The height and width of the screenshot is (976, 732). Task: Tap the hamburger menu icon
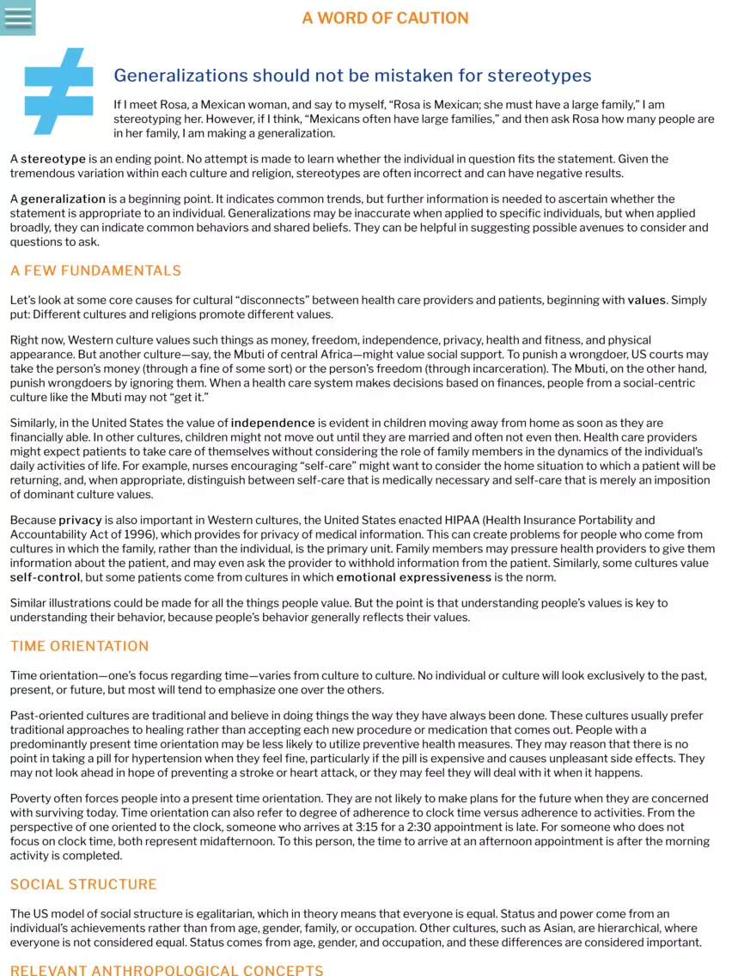point(17,17)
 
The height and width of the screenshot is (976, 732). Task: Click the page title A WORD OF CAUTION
point(385,18)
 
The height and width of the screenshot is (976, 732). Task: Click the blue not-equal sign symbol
point(58,91)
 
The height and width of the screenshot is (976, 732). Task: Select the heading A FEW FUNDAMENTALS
point(95,271)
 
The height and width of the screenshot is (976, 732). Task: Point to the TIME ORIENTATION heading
point(79,646)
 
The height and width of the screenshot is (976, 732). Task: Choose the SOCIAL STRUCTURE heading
point(83,884)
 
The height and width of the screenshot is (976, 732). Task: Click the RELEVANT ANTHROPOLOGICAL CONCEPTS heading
point(167,970)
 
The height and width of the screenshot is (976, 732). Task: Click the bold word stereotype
point(53,159)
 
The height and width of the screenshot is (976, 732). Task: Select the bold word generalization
point(63,199)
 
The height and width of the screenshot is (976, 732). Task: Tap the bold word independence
point(272,423)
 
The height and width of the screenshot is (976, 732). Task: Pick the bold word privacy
point(80,520)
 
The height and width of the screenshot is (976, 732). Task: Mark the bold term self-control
point(44,577)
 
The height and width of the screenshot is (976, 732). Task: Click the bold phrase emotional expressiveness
point(401,577)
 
